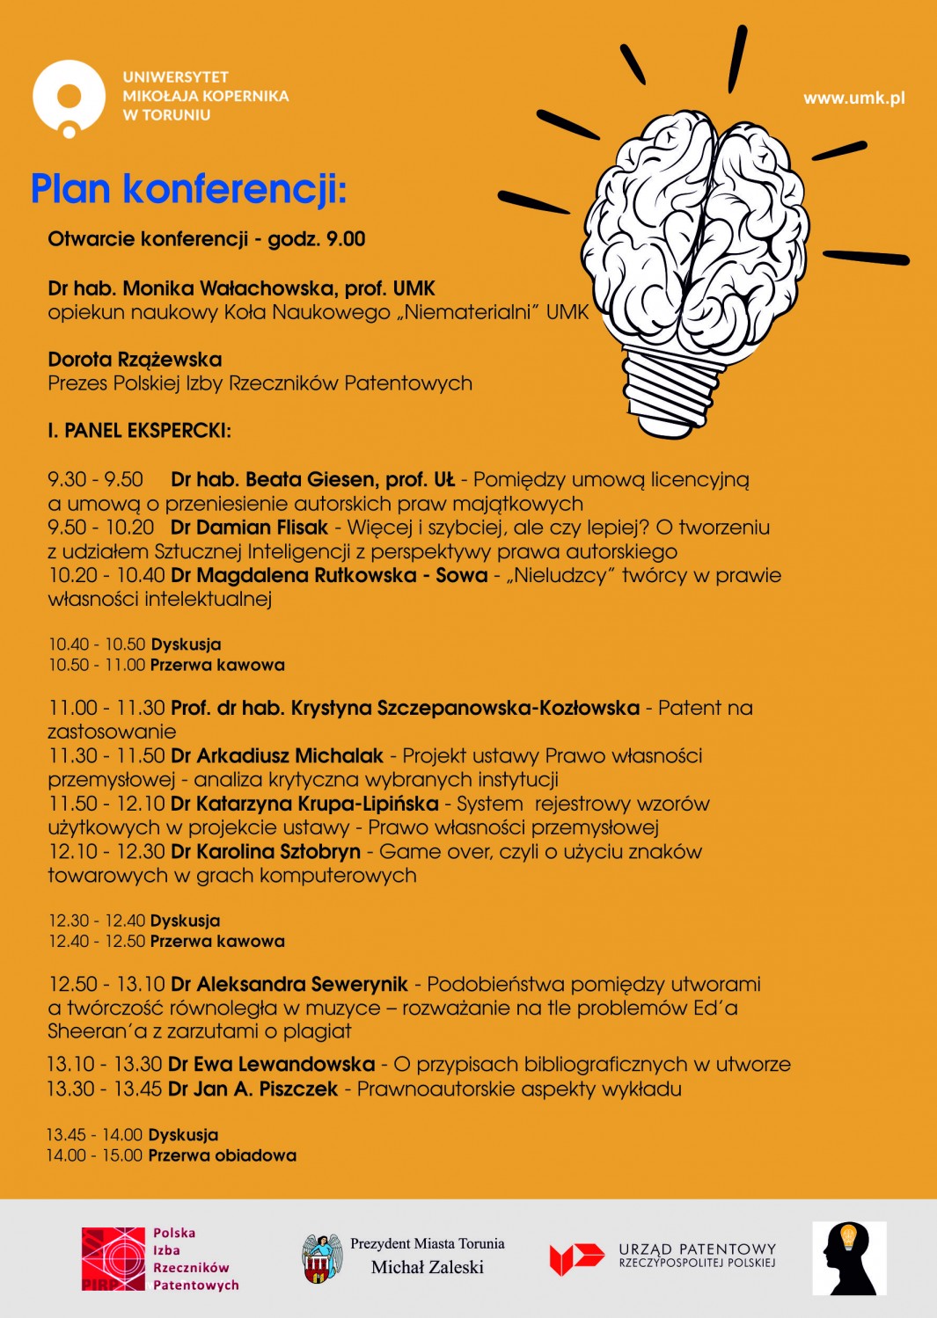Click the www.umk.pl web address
pyautogui.click(x=853, y=98)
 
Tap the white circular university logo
pyautogui.click(x=69, y=98)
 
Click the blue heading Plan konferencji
pyautogui.click(x=188, y=189)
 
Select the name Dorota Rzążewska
pyautogui.click(x=135, y=360)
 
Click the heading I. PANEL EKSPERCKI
pyautogui.click(x=139, y=431)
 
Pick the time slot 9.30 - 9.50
pyautogui.click(x=95, y=480)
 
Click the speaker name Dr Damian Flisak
pyautogui.click(x=249, y=528)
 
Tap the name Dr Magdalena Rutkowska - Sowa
pyautogui.click(x=329, y=576)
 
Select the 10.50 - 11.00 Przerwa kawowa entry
pyautogui.click(x=166, y=666)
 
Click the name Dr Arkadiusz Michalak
pyautogui.click(x=277, y=756)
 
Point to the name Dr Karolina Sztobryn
pyautogui.click(x=266, y=852)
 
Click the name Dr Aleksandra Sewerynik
pyautogui.click(x=289, y=985)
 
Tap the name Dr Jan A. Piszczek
pyautogui.click(x=253, y=1089)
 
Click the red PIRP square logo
pyautogui.click(x=113, y=1259)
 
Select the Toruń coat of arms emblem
pyautogui.click(x=323, y=1258)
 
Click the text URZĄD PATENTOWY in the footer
pyautogui.click(x=697, y=1249)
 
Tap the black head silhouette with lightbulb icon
pyautogui.click(x=849, y=1258)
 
